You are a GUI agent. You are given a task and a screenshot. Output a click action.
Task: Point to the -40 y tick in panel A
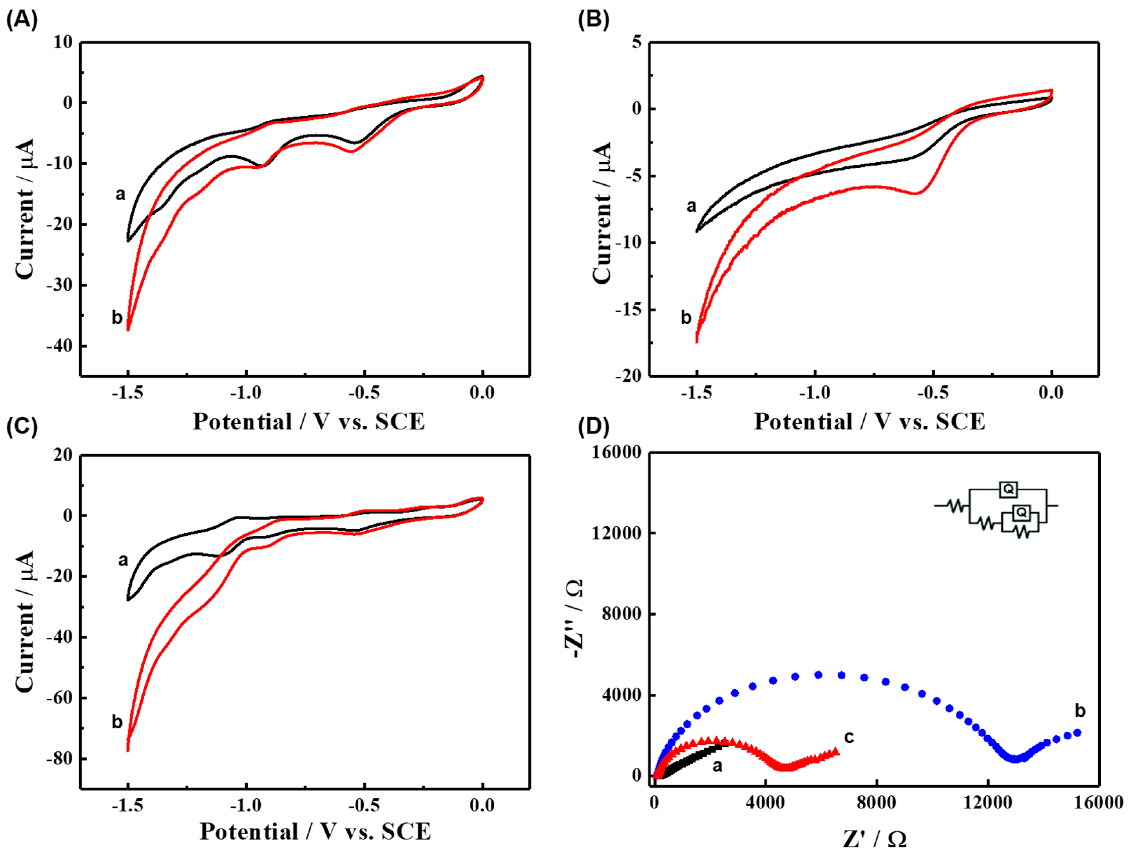click(59, 346)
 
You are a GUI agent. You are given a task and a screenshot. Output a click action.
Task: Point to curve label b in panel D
click(1080, 711)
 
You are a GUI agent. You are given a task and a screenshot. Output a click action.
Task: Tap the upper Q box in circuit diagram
click(1008, 489)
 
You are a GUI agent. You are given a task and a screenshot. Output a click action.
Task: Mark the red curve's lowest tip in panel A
click(128, 330)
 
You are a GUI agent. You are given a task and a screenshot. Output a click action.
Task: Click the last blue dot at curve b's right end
click(1077, 733)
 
